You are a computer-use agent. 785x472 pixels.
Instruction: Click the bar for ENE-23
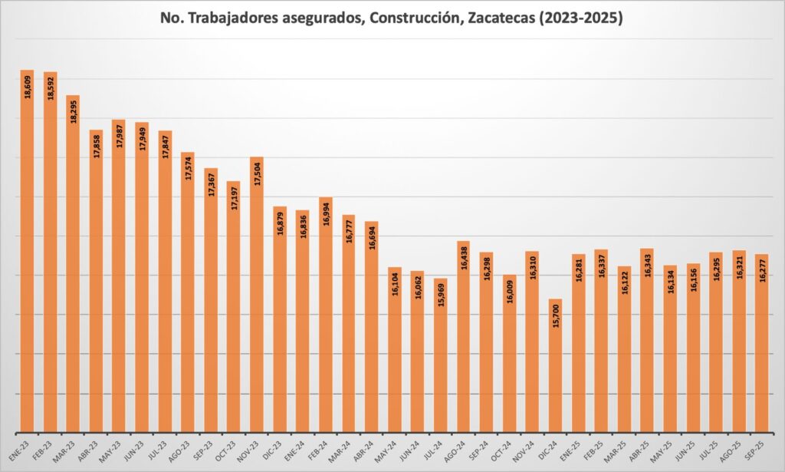pos(27,253)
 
